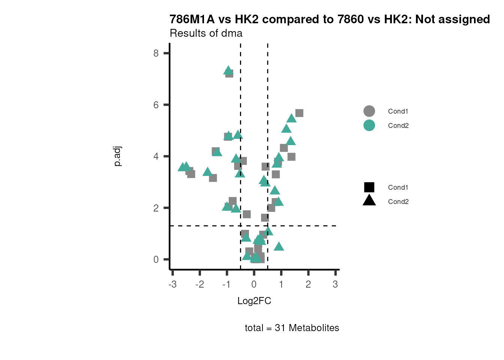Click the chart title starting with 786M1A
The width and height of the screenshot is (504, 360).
[330, 19]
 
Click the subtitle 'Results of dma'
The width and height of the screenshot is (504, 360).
[206, 33]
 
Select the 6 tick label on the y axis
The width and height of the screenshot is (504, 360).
[156, 105]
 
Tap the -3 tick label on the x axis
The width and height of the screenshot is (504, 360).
[172, 284]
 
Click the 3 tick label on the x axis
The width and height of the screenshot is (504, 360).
[335, 284]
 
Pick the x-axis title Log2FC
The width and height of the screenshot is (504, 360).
[254, 301]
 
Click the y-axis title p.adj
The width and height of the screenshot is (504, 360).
[118, 156]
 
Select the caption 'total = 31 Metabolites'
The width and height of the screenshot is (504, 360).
[292, 328]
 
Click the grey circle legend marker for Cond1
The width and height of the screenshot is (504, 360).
[369, 111]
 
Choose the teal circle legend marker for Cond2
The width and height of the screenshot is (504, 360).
[369, 125]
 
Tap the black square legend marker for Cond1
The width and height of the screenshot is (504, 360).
[369, 187]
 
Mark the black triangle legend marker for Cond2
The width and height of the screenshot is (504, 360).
[369, 201]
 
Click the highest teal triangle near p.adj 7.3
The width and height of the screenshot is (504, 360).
[228, 70]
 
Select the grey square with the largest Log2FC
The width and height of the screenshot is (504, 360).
[299, 113]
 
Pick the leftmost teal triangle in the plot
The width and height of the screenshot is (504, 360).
[182, 167]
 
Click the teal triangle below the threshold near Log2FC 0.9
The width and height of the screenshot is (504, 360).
[279, 246]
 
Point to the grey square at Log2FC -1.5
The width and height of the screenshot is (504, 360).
[213, 178]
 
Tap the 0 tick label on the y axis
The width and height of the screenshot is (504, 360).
[156, 259]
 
